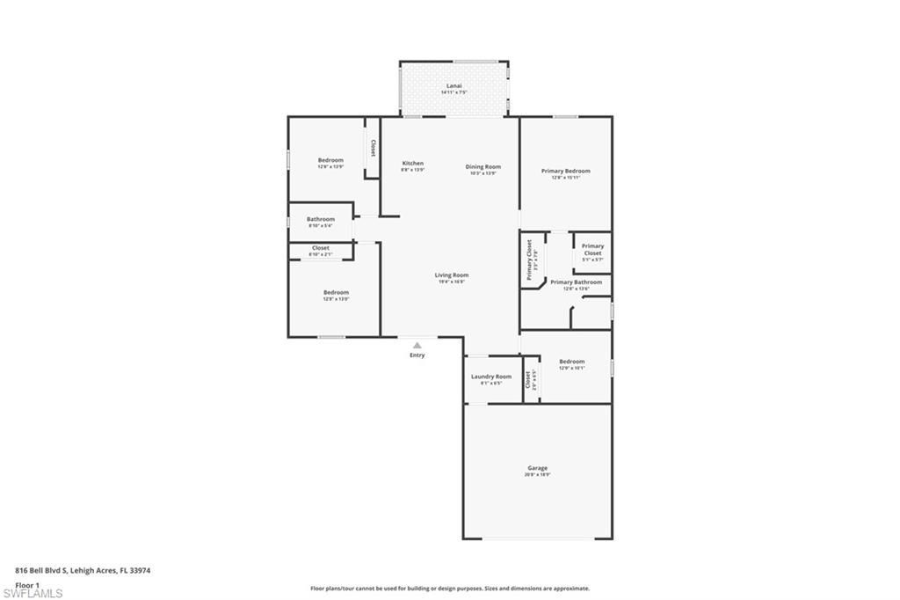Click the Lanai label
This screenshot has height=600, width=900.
click(454, 85)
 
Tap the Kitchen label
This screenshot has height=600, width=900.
click(413, 164)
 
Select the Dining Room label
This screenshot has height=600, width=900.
click(483, 166)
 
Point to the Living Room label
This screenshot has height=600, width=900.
click(452, 275)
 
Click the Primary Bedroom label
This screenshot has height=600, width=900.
click(565, 171)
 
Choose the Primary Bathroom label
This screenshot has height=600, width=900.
click(576, 282)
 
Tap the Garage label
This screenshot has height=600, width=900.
click(537, 468)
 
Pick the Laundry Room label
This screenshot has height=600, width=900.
click(490, 377)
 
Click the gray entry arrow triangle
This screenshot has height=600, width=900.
click(417, 346)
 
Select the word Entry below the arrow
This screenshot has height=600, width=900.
click(417, 355)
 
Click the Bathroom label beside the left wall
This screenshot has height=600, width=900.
click(320, 219)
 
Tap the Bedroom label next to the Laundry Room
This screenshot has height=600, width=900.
click(571, 362)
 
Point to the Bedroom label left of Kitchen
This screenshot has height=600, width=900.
click(330, 160)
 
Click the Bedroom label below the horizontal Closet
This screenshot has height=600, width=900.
click(336, 292)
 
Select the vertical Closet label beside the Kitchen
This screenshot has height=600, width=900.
click(373, 148)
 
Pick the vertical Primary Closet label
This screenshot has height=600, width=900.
click(530, 260)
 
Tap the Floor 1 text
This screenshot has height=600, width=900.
click(27, 584)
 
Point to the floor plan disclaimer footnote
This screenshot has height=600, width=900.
click(449, 589)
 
